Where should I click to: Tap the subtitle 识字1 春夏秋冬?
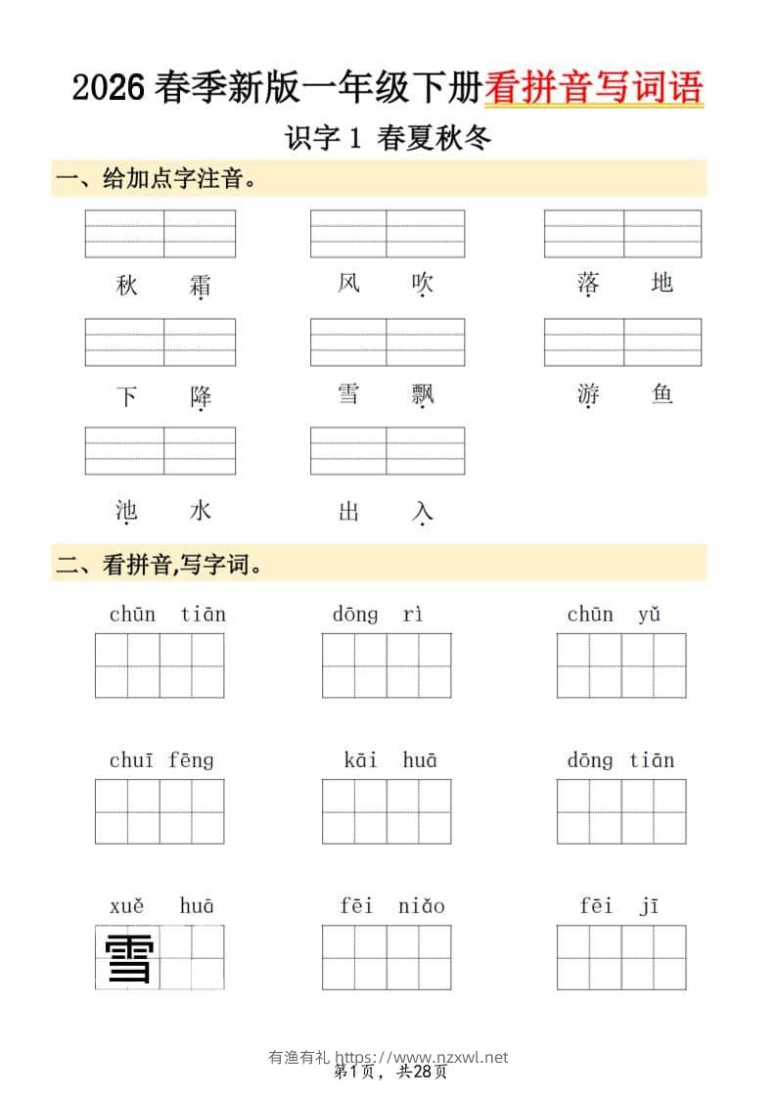(x=388, y=138)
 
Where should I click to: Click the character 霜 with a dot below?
(x=201, y=286)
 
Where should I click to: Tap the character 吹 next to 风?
(x=423, y=284)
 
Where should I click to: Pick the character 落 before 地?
(x=588, y=284)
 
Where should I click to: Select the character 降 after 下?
(x=201, y=396)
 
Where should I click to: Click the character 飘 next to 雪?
(x=423, y=393)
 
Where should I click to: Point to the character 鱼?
(x=662, y=394)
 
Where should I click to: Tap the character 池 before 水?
(x=126, y=511)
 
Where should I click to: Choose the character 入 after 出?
(x=423, y=511)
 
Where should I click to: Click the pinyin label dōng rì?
(x=378, y=615)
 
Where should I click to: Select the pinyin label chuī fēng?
(x=161, y=760)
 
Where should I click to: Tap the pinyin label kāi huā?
(x=389, y=760)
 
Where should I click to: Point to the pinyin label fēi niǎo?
(x=391, y=906)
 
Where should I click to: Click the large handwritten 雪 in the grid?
(x=128, y=958)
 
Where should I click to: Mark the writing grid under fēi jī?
(x=621, y=957)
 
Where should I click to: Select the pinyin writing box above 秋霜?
(x=160, y=234)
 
